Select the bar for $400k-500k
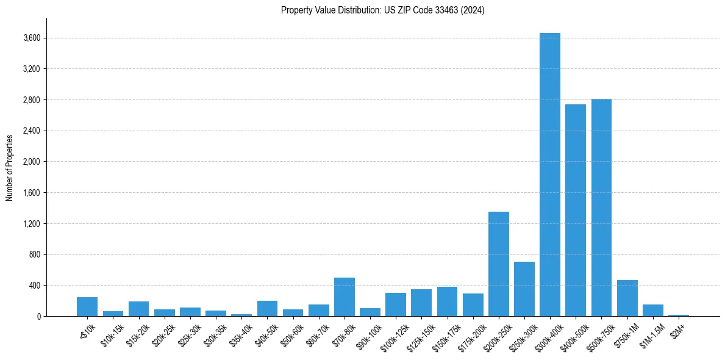pyautogui.click(x=575, y=211)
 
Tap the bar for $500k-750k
pyautogui.click(x=601, y=207)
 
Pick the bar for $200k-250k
pyautogui.click(x=498, y=264)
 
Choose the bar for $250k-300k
pyautogui.click(x=524, y=289)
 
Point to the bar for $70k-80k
pyautogui.click(x=344, y=297)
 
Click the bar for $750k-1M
pyautogui.click(x=627, y=298)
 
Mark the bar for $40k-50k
pyautogui.click(x=267, y=309)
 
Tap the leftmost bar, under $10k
pyautogui.click(x=87, y=307)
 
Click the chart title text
pyautogui.click(x=382, y=10)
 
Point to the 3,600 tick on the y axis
pyautogui.click(x=31, y=38)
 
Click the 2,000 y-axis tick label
pyautogui.click(x=31, y=162)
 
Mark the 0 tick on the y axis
pyautogui.click(x=38, y=316)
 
